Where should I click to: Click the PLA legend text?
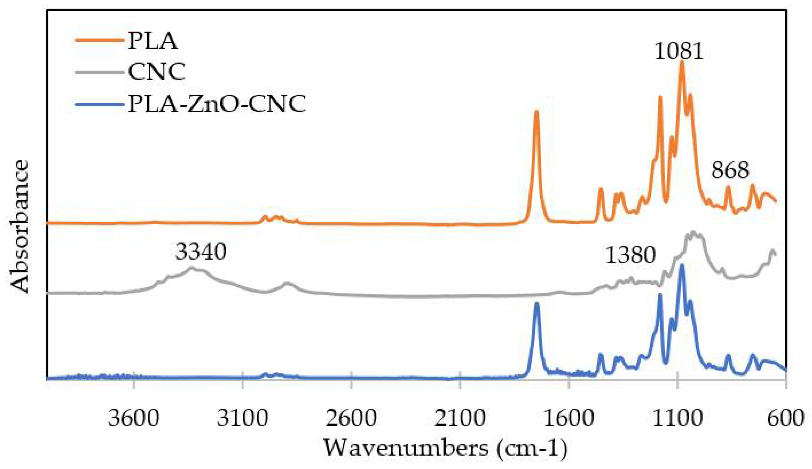pos(153,41)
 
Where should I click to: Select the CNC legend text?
pos(157,71)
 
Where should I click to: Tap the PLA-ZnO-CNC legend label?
pos(217,104)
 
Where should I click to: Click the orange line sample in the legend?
pos(99,41)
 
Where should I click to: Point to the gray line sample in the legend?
pos(99,72)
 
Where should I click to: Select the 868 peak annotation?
pos(730,170)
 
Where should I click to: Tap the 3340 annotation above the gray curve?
pos(201,252)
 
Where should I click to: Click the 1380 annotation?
pos(631,255)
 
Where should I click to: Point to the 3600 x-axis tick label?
pos(134,418)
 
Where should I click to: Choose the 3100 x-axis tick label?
pos(242,418)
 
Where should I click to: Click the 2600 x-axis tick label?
pos(351,418)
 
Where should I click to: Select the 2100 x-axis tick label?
pos(460,418)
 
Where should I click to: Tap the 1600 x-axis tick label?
pos(569,418)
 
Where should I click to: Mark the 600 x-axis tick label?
pos(786,418)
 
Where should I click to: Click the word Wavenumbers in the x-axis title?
pos(406,448)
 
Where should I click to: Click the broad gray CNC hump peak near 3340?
pos(191,268)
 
